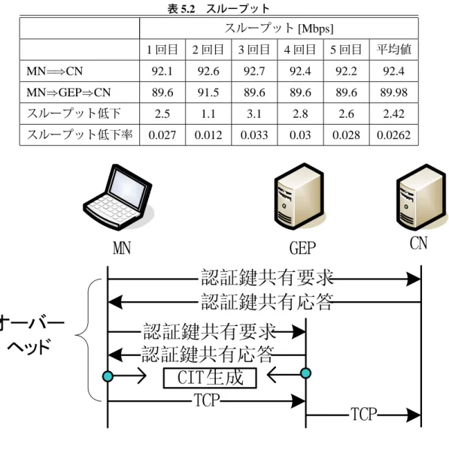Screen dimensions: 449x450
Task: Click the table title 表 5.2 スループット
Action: click(x=219, y=8)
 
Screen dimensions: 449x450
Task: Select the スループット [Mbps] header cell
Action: click(x=279, y=28)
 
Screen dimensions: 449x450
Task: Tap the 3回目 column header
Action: click(x=254, y=50)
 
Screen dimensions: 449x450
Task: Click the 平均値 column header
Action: click(x=394, y=50)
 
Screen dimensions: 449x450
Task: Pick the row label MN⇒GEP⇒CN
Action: click(x=68, y=92)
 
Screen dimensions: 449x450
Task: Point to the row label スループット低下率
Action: click(x=80, y=134)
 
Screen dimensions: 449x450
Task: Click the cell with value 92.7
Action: click(x=254, y=71)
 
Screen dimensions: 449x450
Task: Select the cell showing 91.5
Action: click(x=208, y=92)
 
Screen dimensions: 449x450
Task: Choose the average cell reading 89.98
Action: click(x=394, y=92)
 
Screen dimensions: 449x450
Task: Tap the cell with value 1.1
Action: click(x=208, y=113)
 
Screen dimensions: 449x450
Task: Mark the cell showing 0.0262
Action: click(x=394, y=135)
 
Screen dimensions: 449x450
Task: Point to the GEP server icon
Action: click(x=299, y=196)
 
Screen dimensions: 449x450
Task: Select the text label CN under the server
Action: click(x=419, y=243)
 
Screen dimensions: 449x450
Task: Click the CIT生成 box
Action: click(x=210, y=378)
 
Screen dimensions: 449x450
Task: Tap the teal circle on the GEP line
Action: click(x=305, y=373)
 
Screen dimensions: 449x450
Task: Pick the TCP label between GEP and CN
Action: click(x=363, y=414)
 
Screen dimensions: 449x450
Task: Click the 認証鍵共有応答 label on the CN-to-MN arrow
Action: click(x=267, y=301)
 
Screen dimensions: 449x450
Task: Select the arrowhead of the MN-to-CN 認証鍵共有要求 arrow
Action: click(x=413, y=279)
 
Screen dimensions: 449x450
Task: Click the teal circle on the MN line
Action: click(x=108, y=376)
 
